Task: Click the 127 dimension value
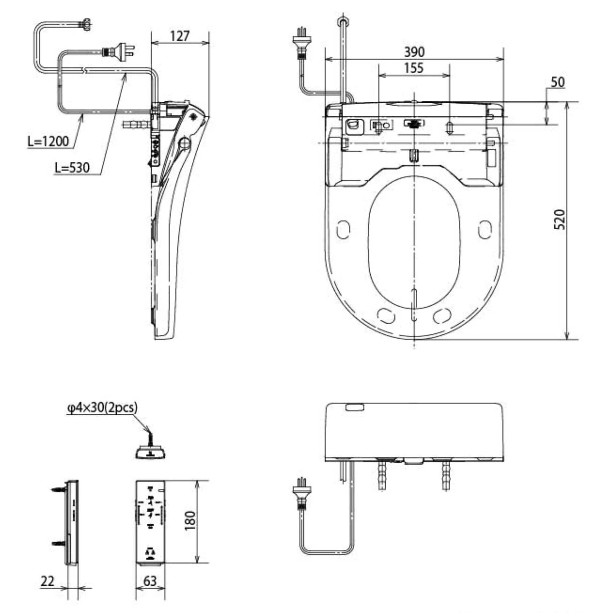tap(180, 36)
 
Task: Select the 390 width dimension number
tap(414, 52)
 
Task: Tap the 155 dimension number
tap(414, 68)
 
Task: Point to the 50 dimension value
tap(558, 82)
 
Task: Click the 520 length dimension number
tap(560, 219)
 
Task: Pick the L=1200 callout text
tap(48, 142)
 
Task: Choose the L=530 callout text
tap(72, 168)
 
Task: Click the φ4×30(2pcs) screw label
tap(102, 408)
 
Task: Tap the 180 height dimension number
tap(190, 520)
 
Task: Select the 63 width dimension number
tap(150, 581)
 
